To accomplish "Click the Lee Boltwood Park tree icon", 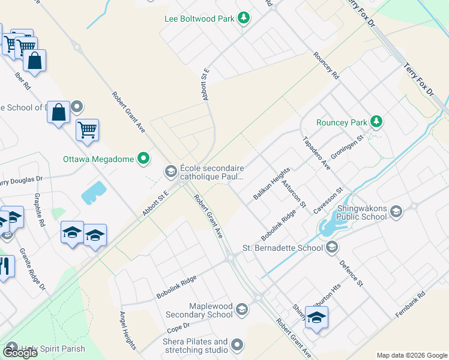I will click(x=244, y=19).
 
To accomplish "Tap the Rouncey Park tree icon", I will click(x=376, y=122).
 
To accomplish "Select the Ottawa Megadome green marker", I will click(x=143, y=159).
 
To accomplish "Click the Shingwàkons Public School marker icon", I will click(x=396, y=211).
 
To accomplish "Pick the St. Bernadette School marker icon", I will click(x=332, y=247).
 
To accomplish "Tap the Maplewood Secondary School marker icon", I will click(x=242, y=310).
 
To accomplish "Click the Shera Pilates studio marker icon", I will click(x=237, y=345).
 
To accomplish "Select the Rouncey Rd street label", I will click(x=327, y=66).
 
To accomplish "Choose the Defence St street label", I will click(x=352, y=271).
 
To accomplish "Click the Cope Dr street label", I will click(x=178, y=328).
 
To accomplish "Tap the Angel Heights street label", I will click(x=128, y=331).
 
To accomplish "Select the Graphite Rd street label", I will click(x=40, y=214).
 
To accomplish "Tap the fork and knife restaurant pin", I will click(x=5, y=266).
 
